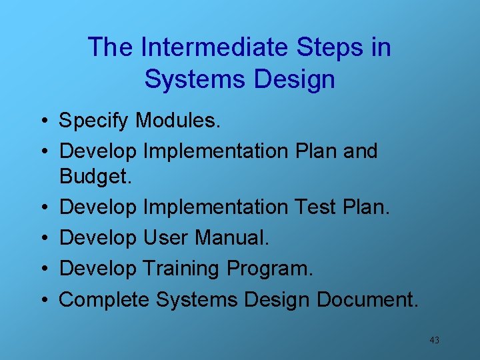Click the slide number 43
pyautogui.click(x=434, y=340)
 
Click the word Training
pyautogui.click(x=181, y=269)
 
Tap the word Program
pyautogui.click(x=269, y=269)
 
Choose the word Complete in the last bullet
pyautogui.click(x=105, y=300)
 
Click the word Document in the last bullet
pyautogui.click(x=367, y=299)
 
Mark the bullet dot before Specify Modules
pyautogui.click(x=42, y=121)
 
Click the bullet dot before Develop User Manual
pyautogui.click(x=42, y=238)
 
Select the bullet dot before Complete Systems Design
pyautogui.click(x=42, y=301)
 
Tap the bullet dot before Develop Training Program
pyautogui.click(x=42, y=269)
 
